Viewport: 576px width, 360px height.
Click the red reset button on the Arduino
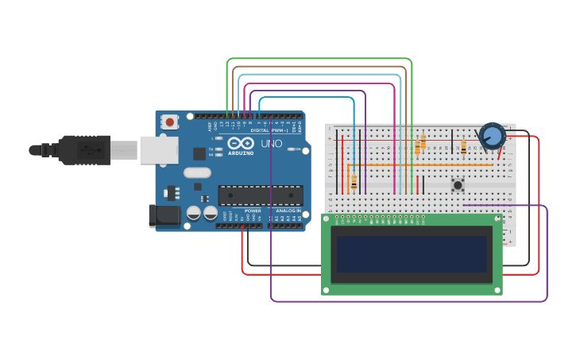coord(169,122)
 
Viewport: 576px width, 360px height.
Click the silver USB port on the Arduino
coord(158,149)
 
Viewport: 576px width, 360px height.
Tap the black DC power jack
coord(163,215)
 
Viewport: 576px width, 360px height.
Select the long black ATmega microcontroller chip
coord(261,195)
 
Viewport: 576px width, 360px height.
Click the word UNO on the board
coord(271,144)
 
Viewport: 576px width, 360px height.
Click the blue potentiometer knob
coord(492,136)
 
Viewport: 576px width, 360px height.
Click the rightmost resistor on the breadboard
coord(463,146)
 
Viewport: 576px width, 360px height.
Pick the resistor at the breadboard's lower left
coord(354,184)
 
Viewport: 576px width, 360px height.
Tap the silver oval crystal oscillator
coord(197,172)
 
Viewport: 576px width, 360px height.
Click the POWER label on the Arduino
coord(253,211)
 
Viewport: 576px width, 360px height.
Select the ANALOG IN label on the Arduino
coord(288,211)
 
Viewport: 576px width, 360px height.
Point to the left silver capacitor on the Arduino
coord(193,213)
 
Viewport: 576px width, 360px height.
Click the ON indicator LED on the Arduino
coord(292,149)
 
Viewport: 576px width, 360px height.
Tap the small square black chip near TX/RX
coord(199,153)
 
